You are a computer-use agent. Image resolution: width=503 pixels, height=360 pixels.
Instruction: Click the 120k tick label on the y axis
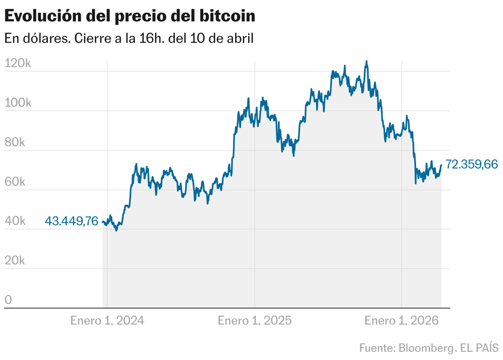[18, 63]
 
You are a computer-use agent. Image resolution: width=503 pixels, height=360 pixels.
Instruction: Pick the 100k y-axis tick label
[18, 103]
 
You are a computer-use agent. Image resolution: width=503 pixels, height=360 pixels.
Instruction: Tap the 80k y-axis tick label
[15, 143]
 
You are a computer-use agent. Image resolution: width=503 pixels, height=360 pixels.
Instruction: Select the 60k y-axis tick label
[15, 182]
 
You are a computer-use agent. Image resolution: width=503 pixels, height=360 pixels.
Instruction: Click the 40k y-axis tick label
[15, 221]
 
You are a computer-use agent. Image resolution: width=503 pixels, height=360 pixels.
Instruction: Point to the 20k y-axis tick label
[15, 261]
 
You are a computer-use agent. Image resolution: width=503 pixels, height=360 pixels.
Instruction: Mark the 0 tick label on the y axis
[8, 300]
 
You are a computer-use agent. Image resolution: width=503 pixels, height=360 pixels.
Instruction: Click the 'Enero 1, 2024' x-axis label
[107, 320]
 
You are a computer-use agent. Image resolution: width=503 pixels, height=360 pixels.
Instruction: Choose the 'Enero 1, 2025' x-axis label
[255, 320]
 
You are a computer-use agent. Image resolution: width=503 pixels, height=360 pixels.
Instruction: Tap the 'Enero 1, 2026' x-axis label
[402, 320]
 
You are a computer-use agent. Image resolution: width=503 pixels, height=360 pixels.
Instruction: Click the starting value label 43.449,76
[71, 221]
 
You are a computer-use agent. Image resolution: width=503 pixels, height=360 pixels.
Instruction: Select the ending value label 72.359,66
[472, 165]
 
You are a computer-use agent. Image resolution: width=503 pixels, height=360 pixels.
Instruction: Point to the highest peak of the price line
[366, 61]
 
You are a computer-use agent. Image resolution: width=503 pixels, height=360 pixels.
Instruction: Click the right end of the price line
[441, 165]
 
